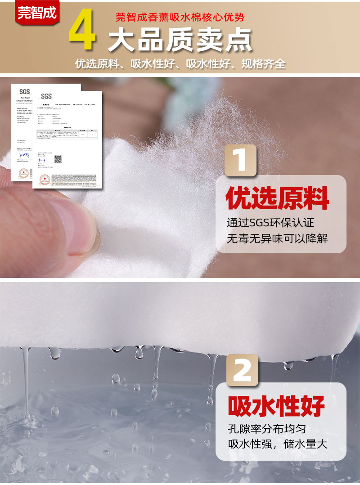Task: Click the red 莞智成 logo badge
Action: pyautogui.click(x=37, y=13)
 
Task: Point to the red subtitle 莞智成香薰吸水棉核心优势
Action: pyautogui.click(x=180, y=18)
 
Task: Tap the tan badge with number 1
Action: pyautogui.click(x=240, y=160)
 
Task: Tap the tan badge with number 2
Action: pyautogui.click(x=242, y=370)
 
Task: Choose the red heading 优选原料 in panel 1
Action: pyautogui.click(x=277, y=198)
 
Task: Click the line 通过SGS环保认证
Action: pyautogui.click(x=270, y=222)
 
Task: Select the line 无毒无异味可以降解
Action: pyautogui.click(x=277, y=238)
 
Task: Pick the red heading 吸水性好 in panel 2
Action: pyautogui.click(x=276, y=406)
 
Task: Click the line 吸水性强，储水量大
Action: pyautogui.click(x=277, y=445)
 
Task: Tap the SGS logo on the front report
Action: pyautogui.click(x=46, y=96)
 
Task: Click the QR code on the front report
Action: pyautogui.click(x=58, y=159)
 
